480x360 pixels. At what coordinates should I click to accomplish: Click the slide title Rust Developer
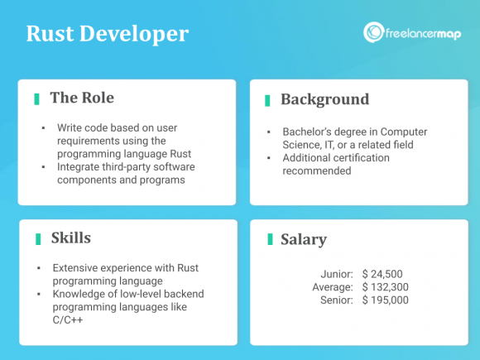coord(108,34)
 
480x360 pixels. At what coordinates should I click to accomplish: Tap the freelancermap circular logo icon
coord(373,32)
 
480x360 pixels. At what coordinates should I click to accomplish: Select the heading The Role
coord(82,98)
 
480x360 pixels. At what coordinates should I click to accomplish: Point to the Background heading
coord(324,99)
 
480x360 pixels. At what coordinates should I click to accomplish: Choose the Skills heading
coord(70,238)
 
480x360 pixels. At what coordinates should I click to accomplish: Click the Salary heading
coord(304,240)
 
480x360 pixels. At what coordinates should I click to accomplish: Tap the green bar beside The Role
coord(36,98)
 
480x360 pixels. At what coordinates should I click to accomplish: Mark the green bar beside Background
coord(267,100)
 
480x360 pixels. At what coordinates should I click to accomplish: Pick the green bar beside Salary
coord(270,240)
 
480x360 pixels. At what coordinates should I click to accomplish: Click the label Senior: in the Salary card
coord(337,300)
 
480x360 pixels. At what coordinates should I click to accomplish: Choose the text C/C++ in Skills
coord(70,320)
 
